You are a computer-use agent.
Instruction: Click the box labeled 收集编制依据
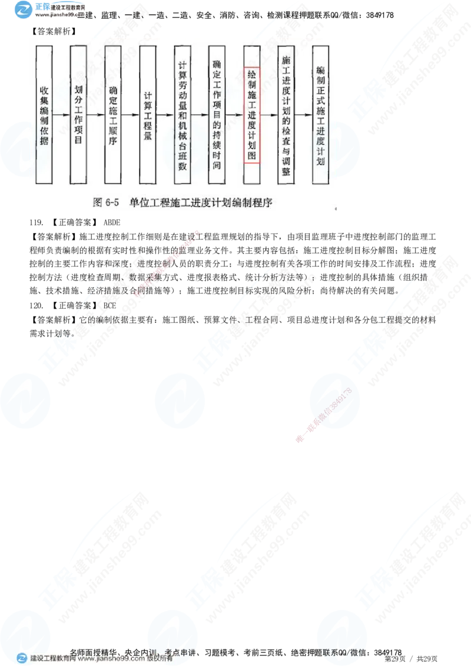click(x=44, y=115)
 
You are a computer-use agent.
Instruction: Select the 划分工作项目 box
click(x=78, y=115)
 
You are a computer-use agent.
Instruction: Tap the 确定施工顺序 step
click(x=112, y=115)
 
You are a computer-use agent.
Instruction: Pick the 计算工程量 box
click(x=148, y=115)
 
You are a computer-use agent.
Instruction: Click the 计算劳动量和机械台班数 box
click(x=182, y=115)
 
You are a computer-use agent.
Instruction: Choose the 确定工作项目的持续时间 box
click(x=217, y=115)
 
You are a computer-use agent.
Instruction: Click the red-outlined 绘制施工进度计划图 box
click(x=251, y=115)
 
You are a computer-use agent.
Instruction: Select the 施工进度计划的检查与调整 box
click(x=286, y=115)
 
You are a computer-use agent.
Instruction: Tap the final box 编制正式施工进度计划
click(x=320, y=115)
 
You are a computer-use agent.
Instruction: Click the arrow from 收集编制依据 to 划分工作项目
click(x=61, y=115)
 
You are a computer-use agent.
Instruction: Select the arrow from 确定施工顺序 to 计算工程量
click(x=130, y=115)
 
